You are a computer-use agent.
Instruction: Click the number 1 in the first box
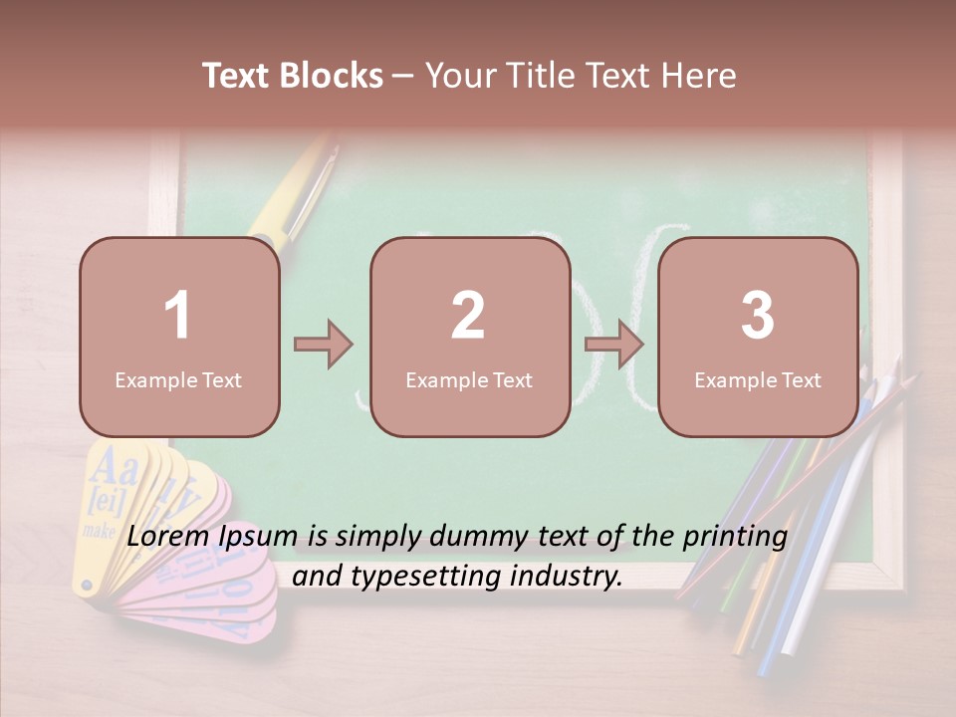pos(177,316)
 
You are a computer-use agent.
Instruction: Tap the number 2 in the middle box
pos(468,316)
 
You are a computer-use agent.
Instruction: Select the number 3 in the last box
pos(758,316)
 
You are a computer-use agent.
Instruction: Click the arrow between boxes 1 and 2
pos(324,345)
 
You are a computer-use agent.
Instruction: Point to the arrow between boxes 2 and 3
pos(614,345)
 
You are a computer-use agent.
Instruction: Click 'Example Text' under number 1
pos(178,380)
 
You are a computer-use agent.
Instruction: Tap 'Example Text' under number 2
pos(469,380)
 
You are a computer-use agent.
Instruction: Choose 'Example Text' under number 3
pos(758,380)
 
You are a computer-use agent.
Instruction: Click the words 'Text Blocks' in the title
pos(293,76)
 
